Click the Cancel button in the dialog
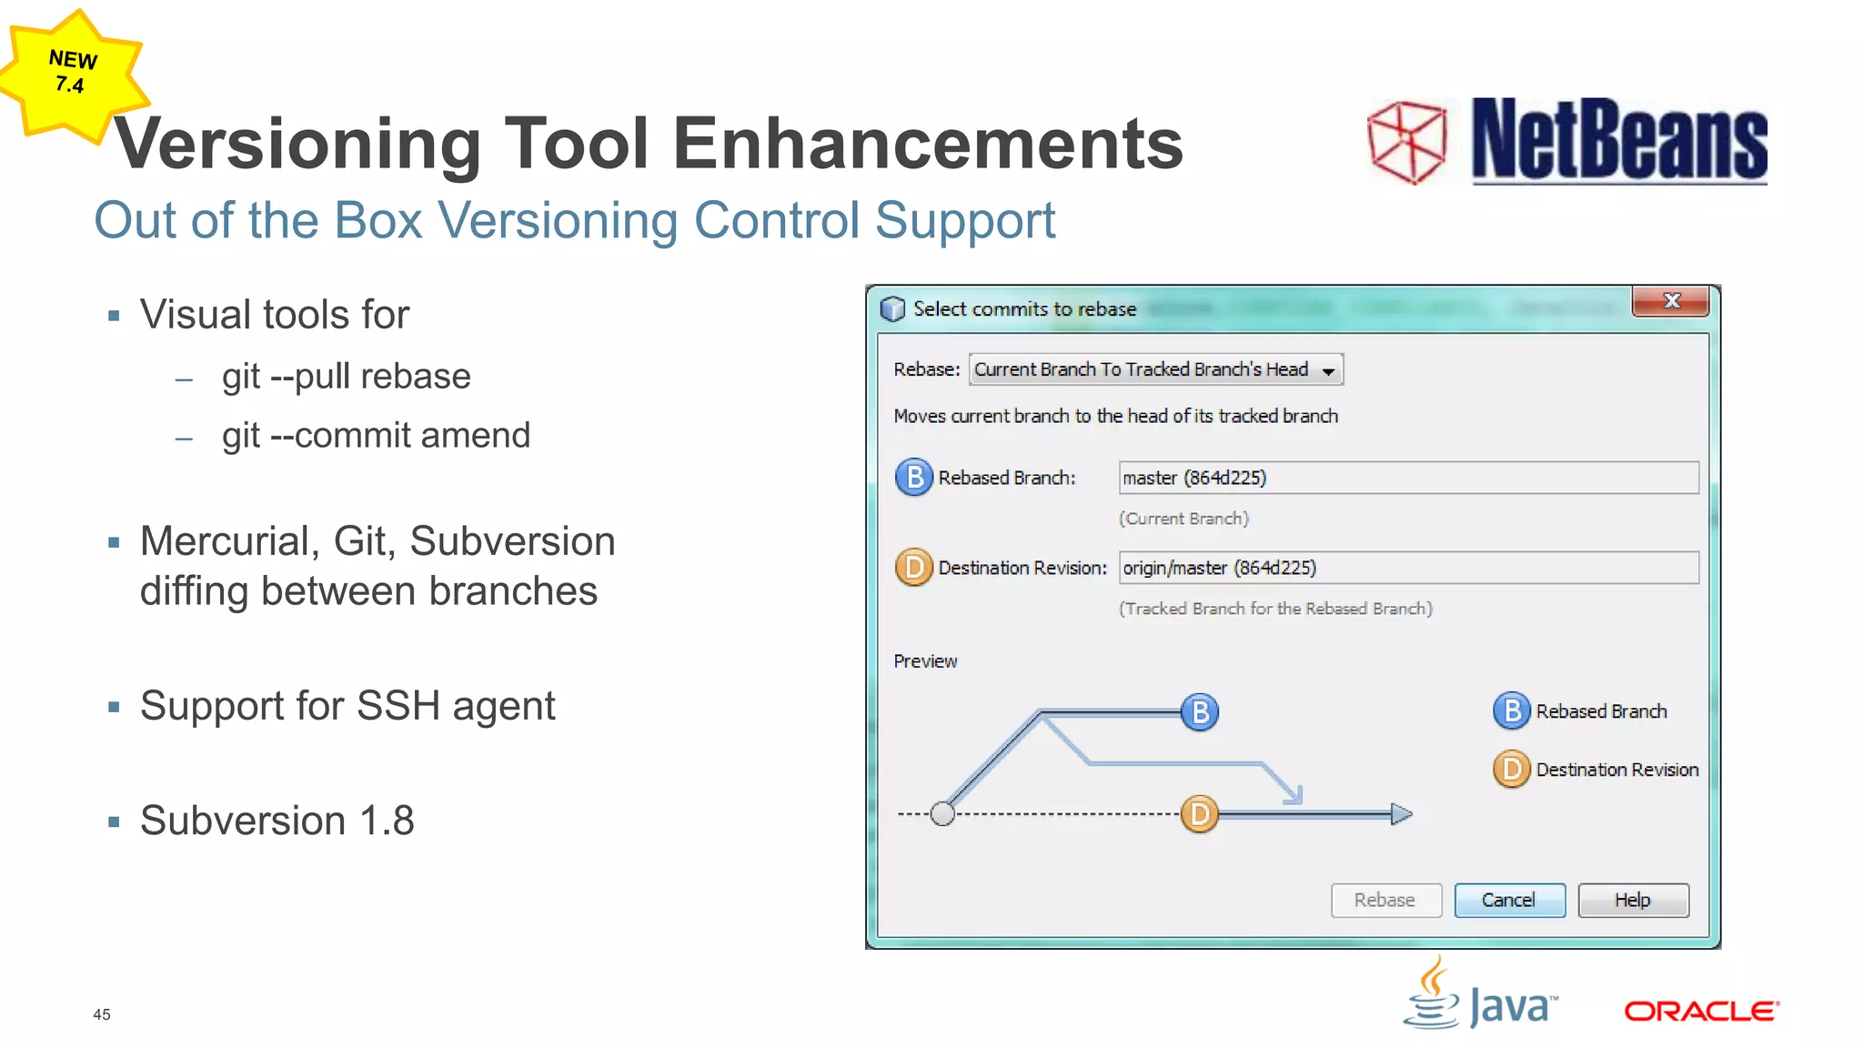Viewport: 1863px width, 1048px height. [x=1508, y=900]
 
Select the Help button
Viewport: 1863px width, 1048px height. [x=1633, y=900]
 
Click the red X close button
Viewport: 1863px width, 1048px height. [x=1670, y=301]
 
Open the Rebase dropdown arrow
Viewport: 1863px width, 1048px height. [x=1328, y=370]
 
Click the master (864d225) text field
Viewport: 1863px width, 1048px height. [x=1407, y=478]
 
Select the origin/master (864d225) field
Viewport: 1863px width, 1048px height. [x=1407, y=568]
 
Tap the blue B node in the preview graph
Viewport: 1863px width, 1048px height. [x=1200, y=711]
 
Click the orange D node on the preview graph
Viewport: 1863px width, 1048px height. [x=1200, y=813]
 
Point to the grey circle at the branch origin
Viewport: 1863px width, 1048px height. [x=942, y=813]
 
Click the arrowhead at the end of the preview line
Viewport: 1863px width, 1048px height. [x=1401, y=813]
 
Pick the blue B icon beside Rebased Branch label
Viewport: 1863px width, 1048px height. [x=914, y=478]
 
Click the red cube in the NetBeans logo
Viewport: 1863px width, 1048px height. [x=1407, y=142]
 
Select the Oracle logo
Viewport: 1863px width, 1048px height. [x=1701, y=1011]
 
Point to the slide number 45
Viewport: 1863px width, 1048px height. [x=102, y=1014]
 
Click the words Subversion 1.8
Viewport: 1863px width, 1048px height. [x=277, y=821]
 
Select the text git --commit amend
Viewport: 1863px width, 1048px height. [x=376, y=436]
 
